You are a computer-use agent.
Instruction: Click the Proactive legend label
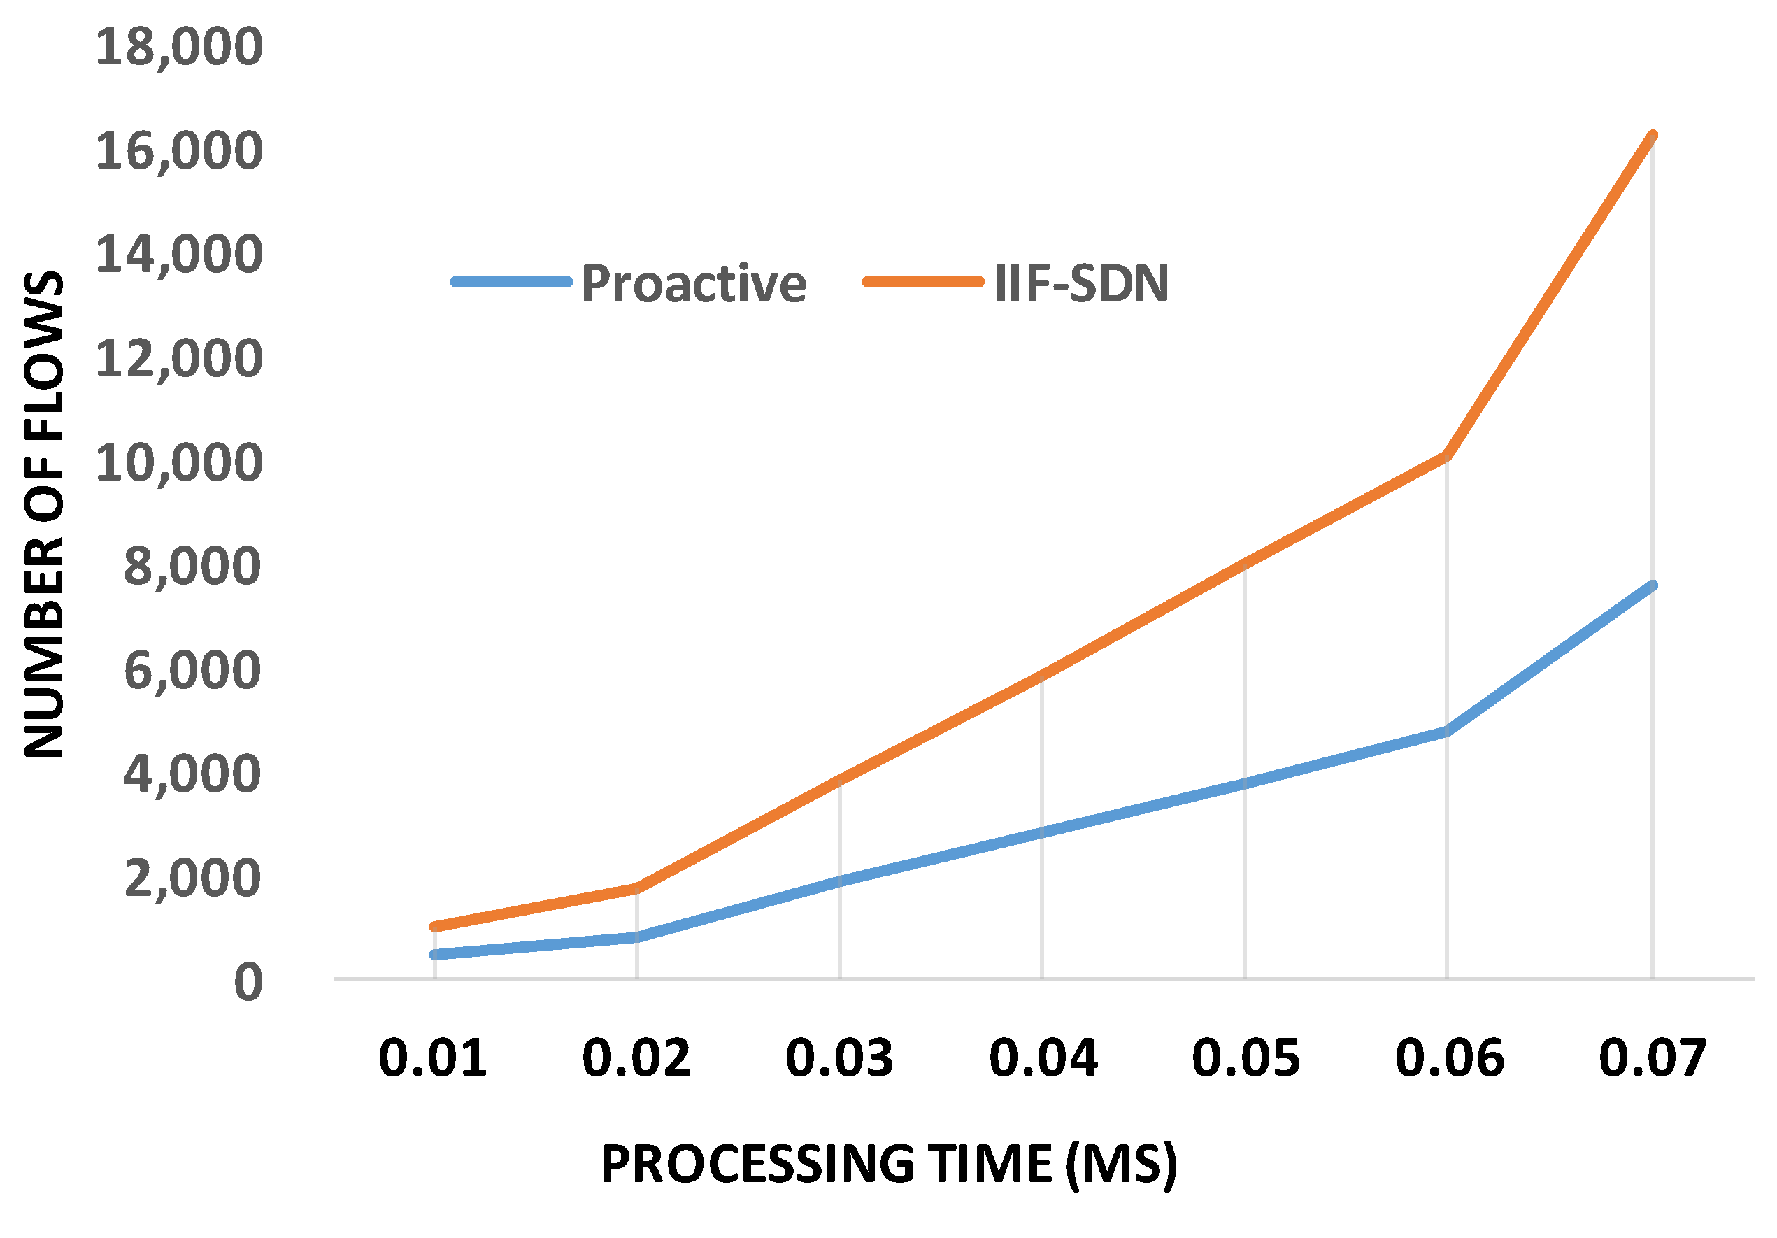pos(694,283)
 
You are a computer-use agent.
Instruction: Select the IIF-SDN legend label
pos(1082,283)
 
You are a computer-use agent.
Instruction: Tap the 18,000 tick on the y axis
pos(179,46)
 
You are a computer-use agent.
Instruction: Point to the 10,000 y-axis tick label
pos(179,463)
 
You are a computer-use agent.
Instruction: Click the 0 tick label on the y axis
pos(248,983)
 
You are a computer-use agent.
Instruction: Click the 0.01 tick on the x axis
pos(433,1058)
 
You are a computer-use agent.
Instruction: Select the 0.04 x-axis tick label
pos(1043,1058)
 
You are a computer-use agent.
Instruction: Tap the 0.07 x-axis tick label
pos(1653,1058)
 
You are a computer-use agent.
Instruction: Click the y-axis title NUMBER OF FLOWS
pos(44,514)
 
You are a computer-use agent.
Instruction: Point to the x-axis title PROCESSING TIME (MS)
pos(888,1165)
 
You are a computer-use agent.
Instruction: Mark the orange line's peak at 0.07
pos(1653,136)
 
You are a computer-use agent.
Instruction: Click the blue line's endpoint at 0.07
pos(1653,585)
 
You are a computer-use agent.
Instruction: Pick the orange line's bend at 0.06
pos(1446,457)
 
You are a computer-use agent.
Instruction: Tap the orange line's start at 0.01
pos(434,927)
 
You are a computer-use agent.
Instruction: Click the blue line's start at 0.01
pos(434,955)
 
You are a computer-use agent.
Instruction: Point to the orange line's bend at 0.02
pos(636,888)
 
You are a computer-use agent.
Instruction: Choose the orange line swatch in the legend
pos(923,283)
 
